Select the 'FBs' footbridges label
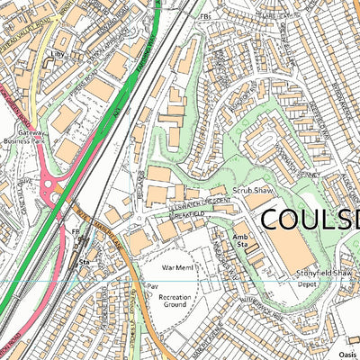(x=205, y=16)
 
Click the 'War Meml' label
(x=175, y=266)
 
